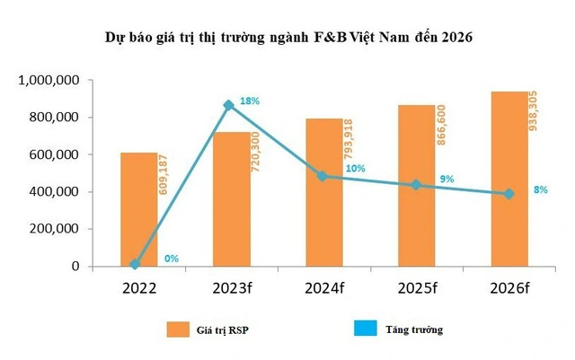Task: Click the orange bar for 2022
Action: (139, 210)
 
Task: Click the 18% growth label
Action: (251, 101)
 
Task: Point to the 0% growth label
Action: (172, 259)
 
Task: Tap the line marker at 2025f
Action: (416, 185)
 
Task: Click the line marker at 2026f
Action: (509, 194)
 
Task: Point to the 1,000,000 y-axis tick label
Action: (50, 81)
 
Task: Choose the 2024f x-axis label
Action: (323, 288)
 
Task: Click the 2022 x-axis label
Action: (139, 288)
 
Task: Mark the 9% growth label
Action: (447, 179)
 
